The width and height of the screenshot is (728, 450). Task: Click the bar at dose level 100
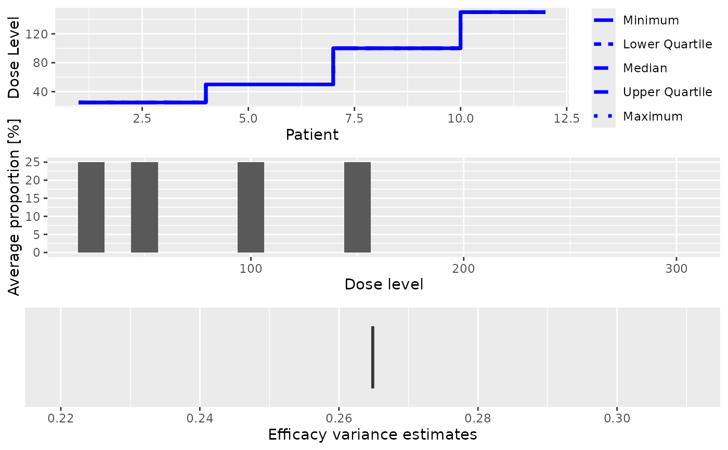[x=251, y=207]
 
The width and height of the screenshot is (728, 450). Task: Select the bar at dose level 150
[x=357, y=207]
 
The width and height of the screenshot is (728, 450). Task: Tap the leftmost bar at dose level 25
[x=91, y=207]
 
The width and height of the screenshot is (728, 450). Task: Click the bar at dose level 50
[x=144, y=207]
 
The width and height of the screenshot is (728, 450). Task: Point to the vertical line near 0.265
[x=373, y=357]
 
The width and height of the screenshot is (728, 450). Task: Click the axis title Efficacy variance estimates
[x=372, y=434]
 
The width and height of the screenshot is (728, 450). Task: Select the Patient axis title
[x=312, y=135]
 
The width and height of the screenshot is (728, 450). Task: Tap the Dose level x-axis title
[x=384, y=284]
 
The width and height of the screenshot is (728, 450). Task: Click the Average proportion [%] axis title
[x=15, y=221]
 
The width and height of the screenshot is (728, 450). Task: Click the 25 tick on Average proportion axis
[x=34, y=163]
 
